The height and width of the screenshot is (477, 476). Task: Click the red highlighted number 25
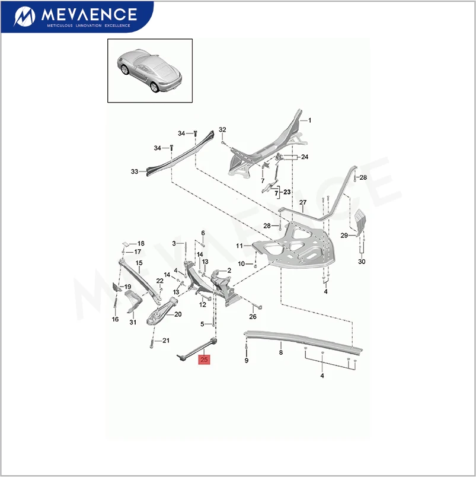tap(205, 358)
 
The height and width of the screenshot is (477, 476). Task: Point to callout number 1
tap(309, 120)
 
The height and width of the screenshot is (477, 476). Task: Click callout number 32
tap(222, 130)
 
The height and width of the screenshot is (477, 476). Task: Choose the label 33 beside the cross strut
tap(135, 171)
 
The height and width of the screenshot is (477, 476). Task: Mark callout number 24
tap(305, 157)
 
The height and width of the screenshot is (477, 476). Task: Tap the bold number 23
tap(287, 192)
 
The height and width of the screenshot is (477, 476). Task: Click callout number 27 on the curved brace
tap(302, 203)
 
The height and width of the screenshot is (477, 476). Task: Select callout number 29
tap(343, 236)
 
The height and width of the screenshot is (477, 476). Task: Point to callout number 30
tap(362, 262)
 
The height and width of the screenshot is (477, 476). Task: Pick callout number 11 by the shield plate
tap(239, 246)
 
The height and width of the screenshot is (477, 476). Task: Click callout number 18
tap(140, 244)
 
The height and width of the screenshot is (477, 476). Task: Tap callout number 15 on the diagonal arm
tap(139, 263)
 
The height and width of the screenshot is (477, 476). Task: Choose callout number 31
tap(133, 322)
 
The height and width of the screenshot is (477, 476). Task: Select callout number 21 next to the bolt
tap(166, 341)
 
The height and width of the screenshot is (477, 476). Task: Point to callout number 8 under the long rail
tap(281, 352)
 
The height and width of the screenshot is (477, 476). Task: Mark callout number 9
tap(246, 360)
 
